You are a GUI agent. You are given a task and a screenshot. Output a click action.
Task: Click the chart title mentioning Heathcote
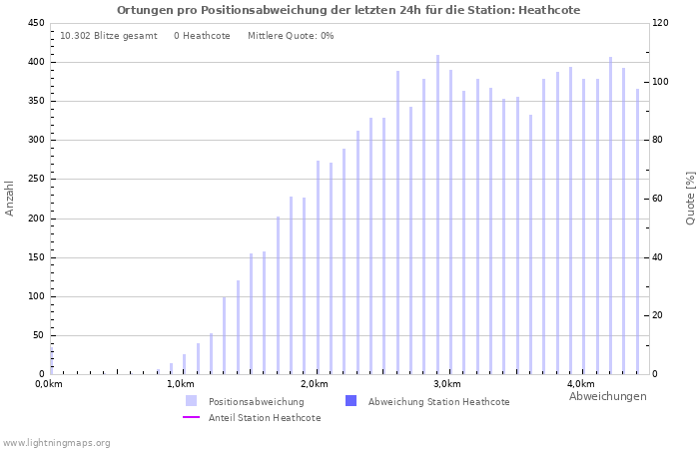click(x=349, y=10)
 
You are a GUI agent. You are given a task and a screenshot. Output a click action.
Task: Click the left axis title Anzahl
click(x=10, y=198)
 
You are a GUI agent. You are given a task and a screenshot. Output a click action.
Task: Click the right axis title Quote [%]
click(x=690, y=198)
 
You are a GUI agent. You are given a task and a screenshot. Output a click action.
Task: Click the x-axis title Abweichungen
click(x=607, y=396)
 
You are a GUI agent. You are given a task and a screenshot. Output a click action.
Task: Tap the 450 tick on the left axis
click(x=35, y=23)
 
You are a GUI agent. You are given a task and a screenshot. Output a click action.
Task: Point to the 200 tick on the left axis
click(x=35, y=219)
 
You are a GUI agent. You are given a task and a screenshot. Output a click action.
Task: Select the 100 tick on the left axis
click(x=35, y=296)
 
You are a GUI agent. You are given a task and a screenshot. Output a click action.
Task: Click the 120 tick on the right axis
click(x=660, y=23)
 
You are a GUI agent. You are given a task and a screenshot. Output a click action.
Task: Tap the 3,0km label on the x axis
click(x=447, y=384)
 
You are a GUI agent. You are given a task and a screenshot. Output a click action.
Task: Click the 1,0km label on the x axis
click(x=181, y=384)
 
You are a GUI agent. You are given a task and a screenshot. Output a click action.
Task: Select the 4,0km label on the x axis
click(x=581, y=384)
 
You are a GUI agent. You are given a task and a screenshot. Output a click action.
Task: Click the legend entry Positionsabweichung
click(x=256, y=402)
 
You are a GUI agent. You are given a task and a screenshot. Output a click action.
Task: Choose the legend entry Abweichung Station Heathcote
click(x=438, y=402)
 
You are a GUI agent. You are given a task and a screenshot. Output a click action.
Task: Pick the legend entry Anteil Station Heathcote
click(x=265, y=418)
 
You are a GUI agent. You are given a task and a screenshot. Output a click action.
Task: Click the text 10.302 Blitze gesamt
click(x=109, y=36)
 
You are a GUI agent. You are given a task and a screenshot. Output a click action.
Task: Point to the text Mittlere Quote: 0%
click(x=291, y=36)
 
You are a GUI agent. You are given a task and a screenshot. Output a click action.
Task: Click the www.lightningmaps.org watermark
click(x=57, y=443)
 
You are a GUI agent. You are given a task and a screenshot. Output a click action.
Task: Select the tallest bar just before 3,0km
click(x=437, y=215)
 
